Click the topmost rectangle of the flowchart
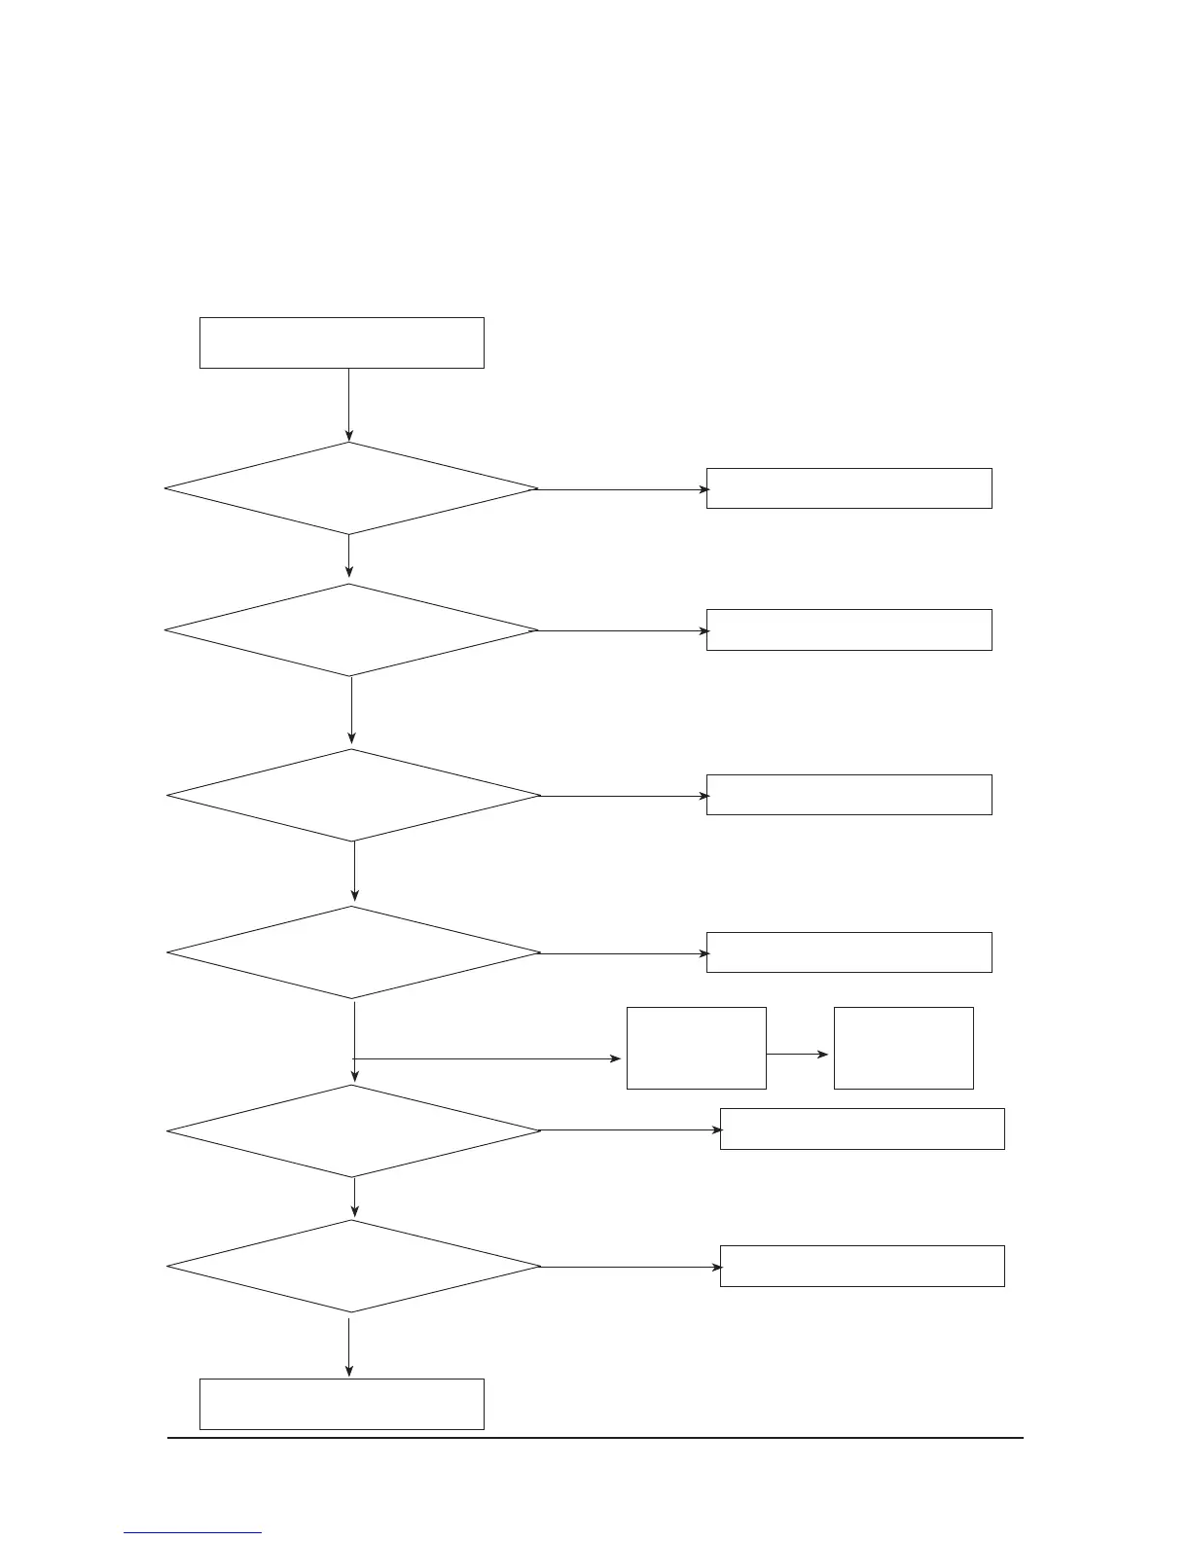(342, 342)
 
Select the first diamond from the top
(350, 488)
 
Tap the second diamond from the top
(350, 630)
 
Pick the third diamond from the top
(353, 795)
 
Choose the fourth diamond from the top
(353, 952)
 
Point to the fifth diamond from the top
(353, 1130)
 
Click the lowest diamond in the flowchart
(353, 1267)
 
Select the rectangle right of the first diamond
(848, 488)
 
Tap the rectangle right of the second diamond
(848, 629)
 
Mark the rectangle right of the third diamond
(848, 795)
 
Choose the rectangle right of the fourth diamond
(848, 952)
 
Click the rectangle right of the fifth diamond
(862, 1129)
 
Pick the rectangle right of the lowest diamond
(862, 1267)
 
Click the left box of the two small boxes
(696, 1048)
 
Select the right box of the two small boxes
(903, 1048)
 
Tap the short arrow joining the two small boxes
(798, 1054)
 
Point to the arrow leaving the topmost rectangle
(348, 405)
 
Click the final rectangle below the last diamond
(342, 1404)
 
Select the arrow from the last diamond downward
(349, 1344)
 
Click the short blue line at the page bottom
(193, 1532)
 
